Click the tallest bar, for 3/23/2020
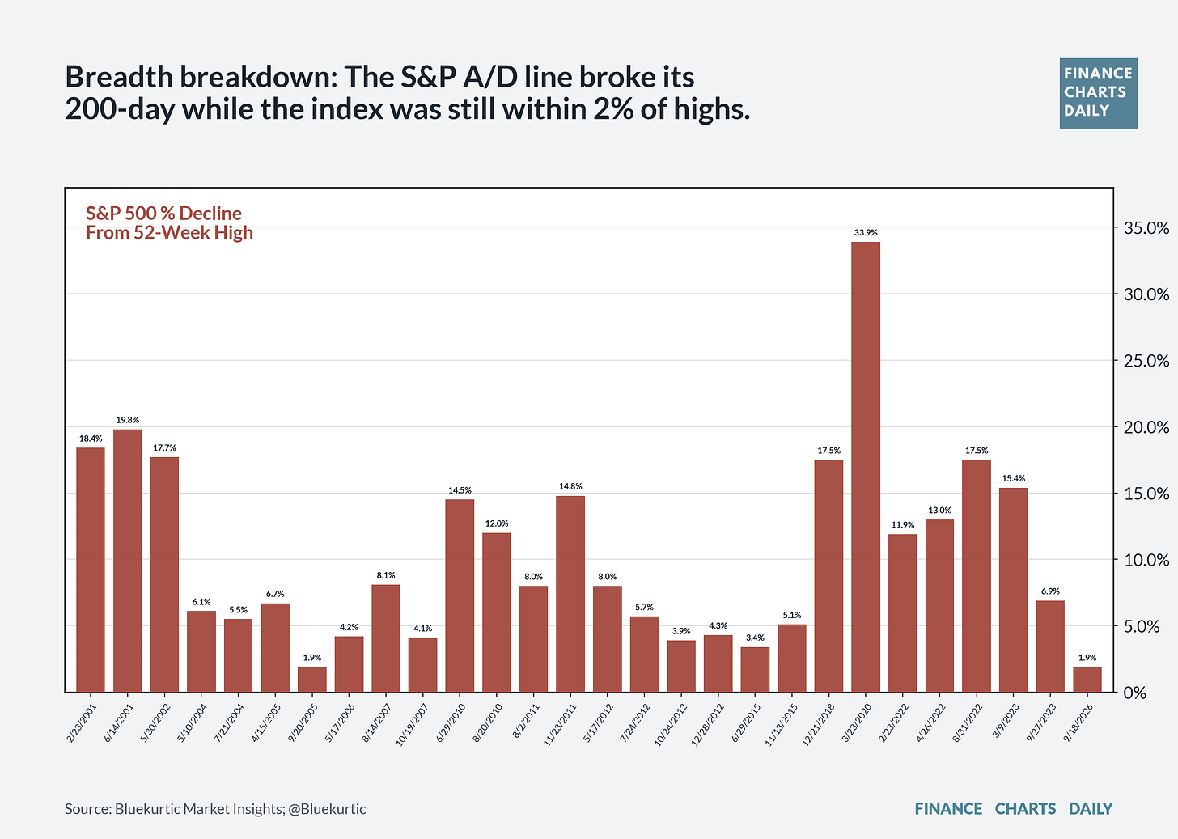click(x=866, y=467)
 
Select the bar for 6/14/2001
click(x=127, y=560)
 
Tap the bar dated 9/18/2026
click(x=1087, y=679)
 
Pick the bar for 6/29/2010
click(x=460, y=595)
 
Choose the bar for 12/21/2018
click(x=828, y=575)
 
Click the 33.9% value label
click(x=866, y=232)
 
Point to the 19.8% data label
click(x=127, y=420)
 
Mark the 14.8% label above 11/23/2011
click(x=570, y=486)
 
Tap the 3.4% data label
click(x=755, y=638)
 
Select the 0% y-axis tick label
click(x=1135, y=693)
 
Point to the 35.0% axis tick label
click(x=1146, y=228)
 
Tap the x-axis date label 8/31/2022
click(x=967, y=722)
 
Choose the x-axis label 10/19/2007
click(x=412, y=725)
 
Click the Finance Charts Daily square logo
click(x=1099, y=94)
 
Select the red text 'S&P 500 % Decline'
click(x=163, y=213)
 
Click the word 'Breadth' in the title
click(x=119, y=77)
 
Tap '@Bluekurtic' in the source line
click(x=327, y=808)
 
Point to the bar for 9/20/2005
click(x=311, y=679)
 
